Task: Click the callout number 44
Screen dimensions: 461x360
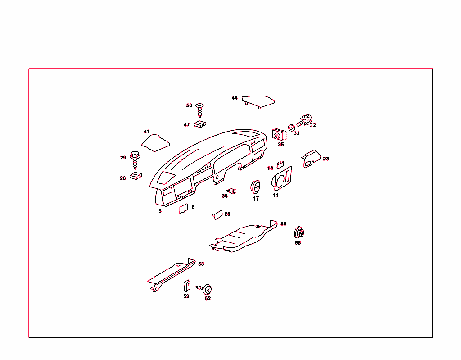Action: (x=234, y=98)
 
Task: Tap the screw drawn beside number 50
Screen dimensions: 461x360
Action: (x=199, y=110)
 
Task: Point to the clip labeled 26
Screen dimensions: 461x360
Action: (x=136, y=176)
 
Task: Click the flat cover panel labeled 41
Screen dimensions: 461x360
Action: (x=155, y=143)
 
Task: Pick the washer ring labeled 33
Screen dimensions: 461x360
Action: (x=291, y=128)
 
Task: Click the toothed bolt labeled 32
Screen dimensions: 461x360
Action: (x=305, y=120)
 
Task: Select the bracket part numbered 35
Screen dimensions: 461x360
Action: (x=279, y=134)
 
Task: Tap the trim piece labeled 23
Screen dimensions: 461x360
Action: (x=311, y=158)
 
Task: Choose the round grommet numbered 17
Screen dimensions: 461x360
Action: (x=255, y=187)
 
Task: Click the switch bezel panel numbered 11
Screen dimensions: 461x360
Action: (x=282, y=178)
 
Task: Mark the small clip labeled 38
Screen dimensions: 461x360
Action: (x=231, y=191)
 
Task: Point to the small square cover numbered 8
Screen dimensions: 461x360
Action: (x=184, y=209)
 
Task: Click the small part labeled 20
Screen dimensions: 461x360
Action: (x=217, y=215)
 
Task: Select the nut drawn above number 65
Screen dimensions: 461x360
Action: (x=299, y=232)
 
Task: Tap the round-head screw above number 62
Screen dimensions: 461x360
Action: (x=204, y=289)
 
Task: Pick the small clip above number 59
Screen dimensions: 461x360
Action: (x=187, y=286)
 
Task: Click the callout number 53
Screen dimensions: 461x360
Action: (x=201, y=264)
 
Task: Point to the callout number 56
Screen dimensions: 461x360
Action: (x=284, y=224)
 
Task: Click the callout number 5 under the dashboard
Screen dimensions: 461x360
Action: (x=160, y=211)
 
